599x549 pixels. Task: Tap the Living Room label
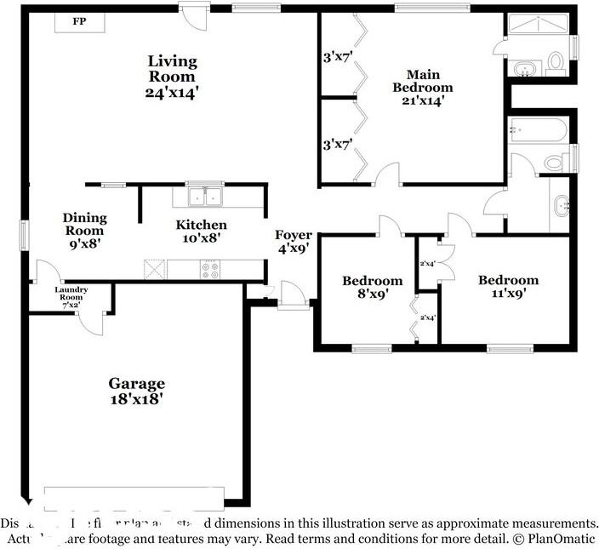coord(173,68)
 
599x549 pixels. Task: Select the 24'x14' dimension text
coord(173,94)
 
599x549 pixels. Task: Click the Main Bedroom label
coord(422,80)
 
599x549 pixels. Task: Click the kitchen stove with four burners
coord(210,270)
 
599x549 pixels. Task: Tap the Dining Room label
coord(83,224)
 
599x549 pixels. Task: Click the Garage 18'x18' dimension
coord(136,397)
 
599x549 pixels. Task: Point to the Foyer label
coord(293,235)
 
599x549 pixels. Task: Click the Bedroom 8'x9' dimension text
coord(372,295)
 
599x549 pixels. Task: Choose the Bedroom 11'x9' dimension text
coord(508,295)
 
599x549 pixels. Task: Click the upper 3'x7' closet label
coord(337,59)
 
